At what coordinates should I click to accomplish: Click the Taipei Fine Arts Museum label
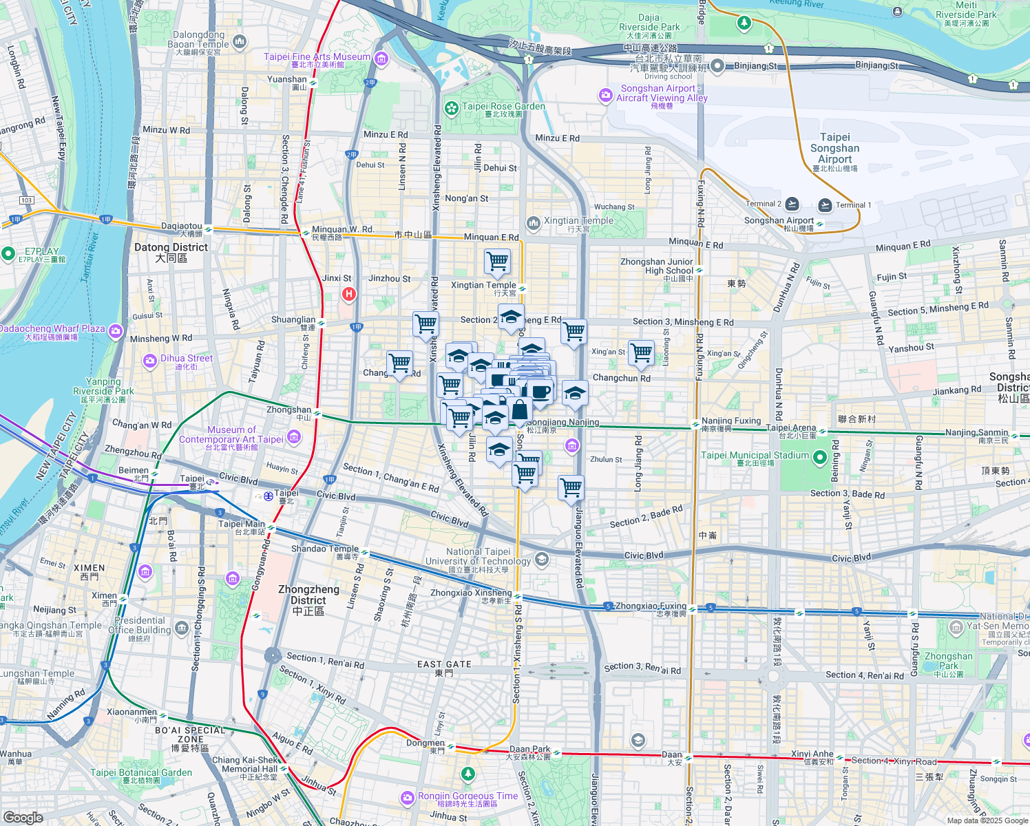(317, 57)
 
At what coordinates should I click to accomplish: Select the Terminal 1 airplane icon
(825, 205)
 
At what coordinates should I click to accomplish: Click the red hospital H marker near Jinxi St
(349, 295)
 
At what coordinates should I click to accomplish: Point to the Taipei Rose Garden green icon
(451, 108)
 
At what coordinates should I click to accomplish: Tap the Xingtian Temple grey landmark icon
(533, 223)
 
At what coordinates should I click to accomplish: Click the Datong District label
(171, 252)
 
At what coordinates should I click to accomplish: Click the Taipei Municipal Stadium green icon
(819, 457)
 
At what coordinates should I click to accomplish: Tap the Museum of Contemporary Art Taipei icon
(294, 436)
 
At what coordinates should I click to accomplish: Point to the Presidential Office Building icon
(181, 628)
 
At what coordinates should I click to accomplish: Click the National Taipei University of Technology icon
(542, 558)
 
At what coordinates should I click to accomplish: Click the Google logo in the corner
(23, 817)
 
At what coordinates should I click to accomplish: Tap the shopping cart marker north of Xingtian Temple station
(497, 262)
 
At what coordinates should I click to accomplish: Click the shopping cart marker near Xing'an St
(641, 352)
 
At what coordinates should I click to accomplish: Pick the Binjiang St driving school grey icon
(717, 66)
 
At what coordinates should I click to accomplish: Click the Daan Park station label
(529, 750)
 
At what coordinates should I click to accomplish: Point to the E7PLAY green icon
(8, 254)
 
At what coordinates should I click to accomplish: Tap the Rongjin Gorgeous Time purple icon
(407, 798)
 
